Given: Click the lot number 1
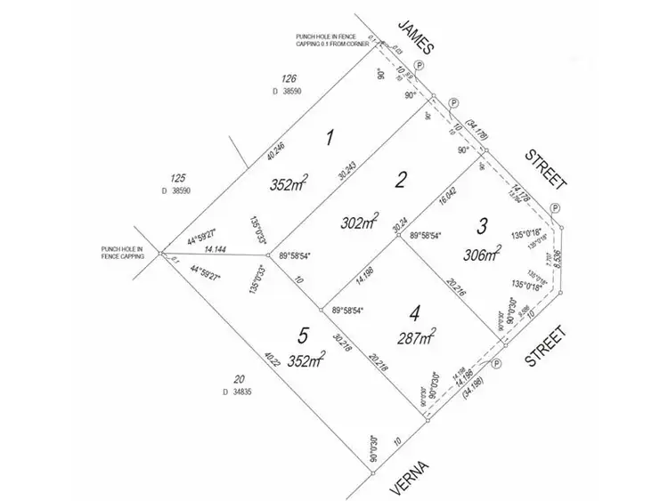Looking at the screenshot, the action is pyautogui.click(x=330, y=138).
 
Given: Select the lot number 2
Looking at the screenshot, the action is pyautogui.click(x=401, y=181).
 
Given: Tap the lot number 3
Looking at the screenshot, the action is pyautogui.click(x=482, y=225).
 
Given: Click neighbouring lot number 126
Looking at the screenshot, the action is pyautogui.click(x=288, y=77).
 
